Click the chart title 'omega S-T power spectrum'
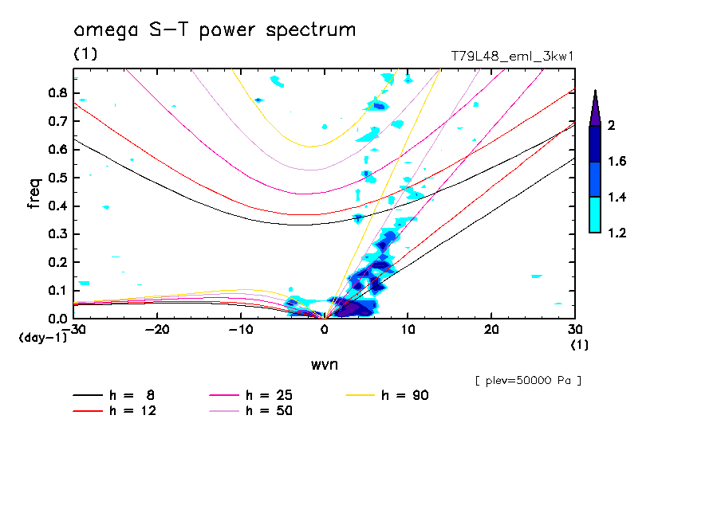(215, 31)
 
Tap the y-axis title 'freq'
(34, 194)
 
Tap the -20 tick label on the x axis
(158, 329)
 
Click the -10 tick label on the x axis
(241, 329)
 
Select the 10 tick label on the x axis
(408, 329)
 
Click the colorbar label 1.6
(617, 162)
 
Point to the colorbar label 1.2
(617, 233)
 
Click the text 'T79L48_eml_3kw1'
(513, 55)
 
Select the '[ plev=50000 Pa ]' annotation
(528, 381)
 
